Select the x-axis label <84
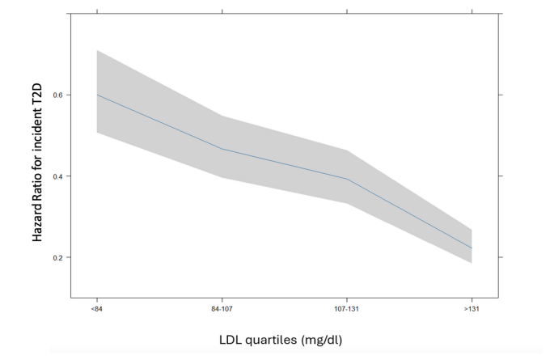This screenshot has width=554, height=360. pyautogui.click(x=97, y=308)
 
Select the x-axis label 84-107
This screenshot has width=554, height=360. pyautogui.click(x=222, y=308)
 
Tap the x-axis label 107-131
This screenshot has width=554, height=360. pyautogui.click(x=347, y=308)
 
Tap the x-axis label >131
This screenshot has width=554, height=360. pyautogui.click(x=472, y=308)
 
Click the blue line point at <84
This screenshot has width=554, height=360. pyautogui.click(x=97, y=95)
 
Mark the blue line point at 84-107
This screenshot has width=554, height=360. pyautogui.click(x=222, y=149)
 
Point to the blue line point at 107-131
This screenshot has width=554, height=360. pyautogui.click(x=347, y=179)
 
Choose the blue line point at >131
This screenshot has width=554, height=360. pyautogui.click(x=472, y=248)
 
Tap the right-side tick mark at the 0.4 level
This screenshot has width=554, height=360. pyautogui.click(x=501, y=176)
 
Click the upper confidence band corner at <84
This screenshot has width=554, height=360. pyautogui.click(x=97, y=50)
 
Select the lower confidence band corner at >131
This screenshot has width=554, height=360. pyautogui.click(x=472, y=263)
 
